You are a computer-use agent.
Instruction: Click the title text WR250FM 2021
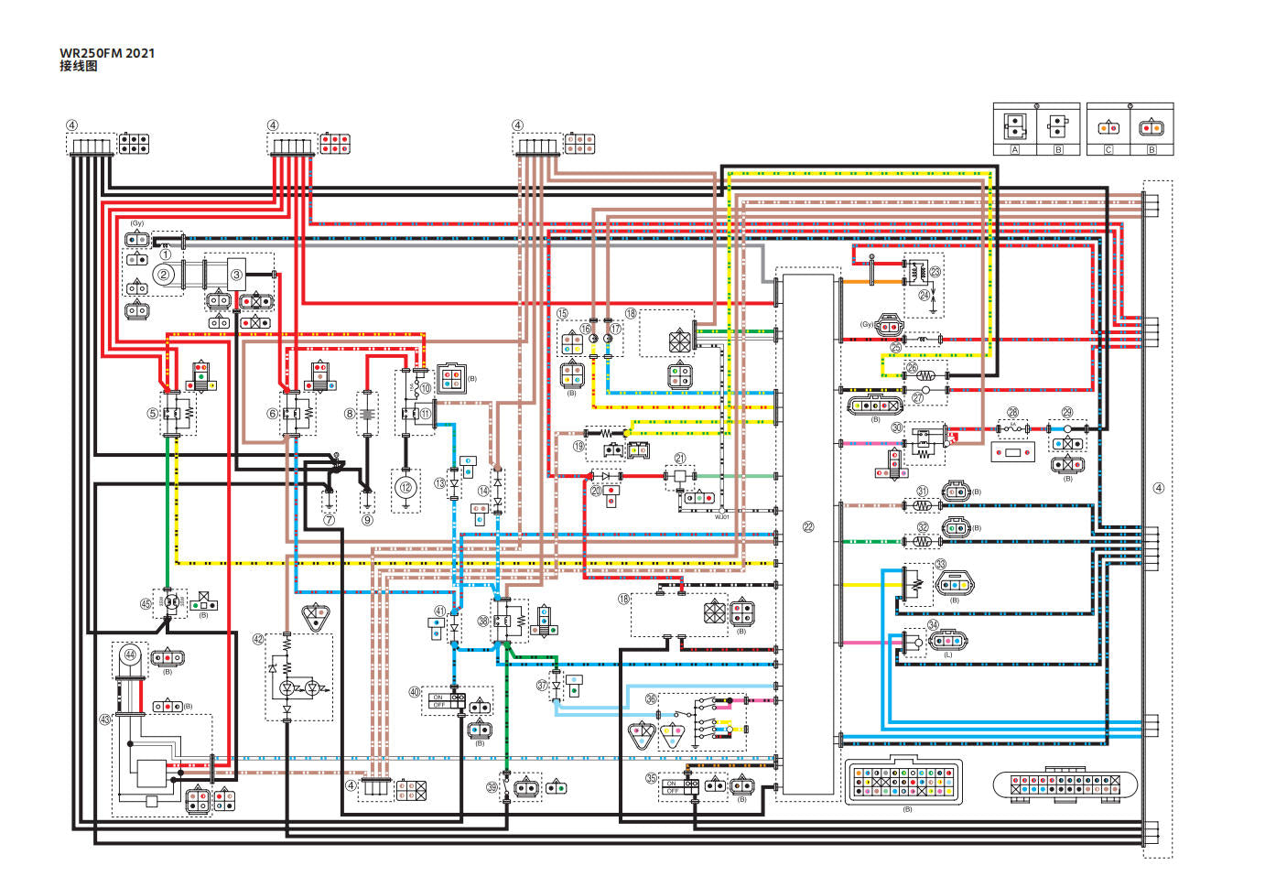(x=107, y=53)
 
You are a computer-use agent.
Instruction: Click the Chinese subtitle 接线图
(x=79, y=67)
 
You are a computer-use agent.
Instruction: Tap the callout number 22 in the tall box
(x=808, y=526)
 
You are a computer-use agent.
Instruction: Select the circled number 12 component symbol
(x=405, y=487)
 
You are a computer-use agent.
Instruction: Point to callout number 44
(x=130, y=654)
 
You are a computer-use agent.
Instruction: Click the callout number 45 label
(x=145, y=604)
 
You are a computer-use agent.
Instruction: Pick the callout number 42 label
(x=258, y=639)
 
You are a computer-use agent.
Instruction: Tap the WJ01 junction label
(x=722, y=517)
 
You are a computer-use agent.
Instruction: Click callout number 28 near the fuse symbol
(x=1012, y=413)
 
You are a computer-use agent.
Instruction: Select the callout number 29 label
(x=1067, y=413)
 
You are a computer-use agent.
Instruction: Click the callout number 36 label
(x=651, y=698)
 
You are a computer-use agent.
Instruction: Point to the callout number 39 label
(x=492, y=787)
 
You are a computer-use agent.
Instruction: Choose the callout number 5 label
(x=153, y=414)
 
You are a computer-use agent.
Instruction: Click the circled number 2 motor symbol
(x=164, y=274)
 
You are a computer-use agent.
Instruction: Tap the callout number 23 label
(x=935, y=272)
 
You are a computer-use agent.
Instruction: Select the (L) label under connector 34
(x=947, y=655)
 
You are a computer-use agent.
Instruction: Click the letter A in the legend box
(x=1014, y=149)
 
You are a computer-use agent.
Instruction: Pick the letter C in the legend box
(x=1108, y=149)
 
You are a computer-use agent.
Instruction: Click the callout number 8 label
(x=350, y=414)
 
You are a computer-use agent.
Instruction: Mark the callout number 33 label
(x=940, y=565)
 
